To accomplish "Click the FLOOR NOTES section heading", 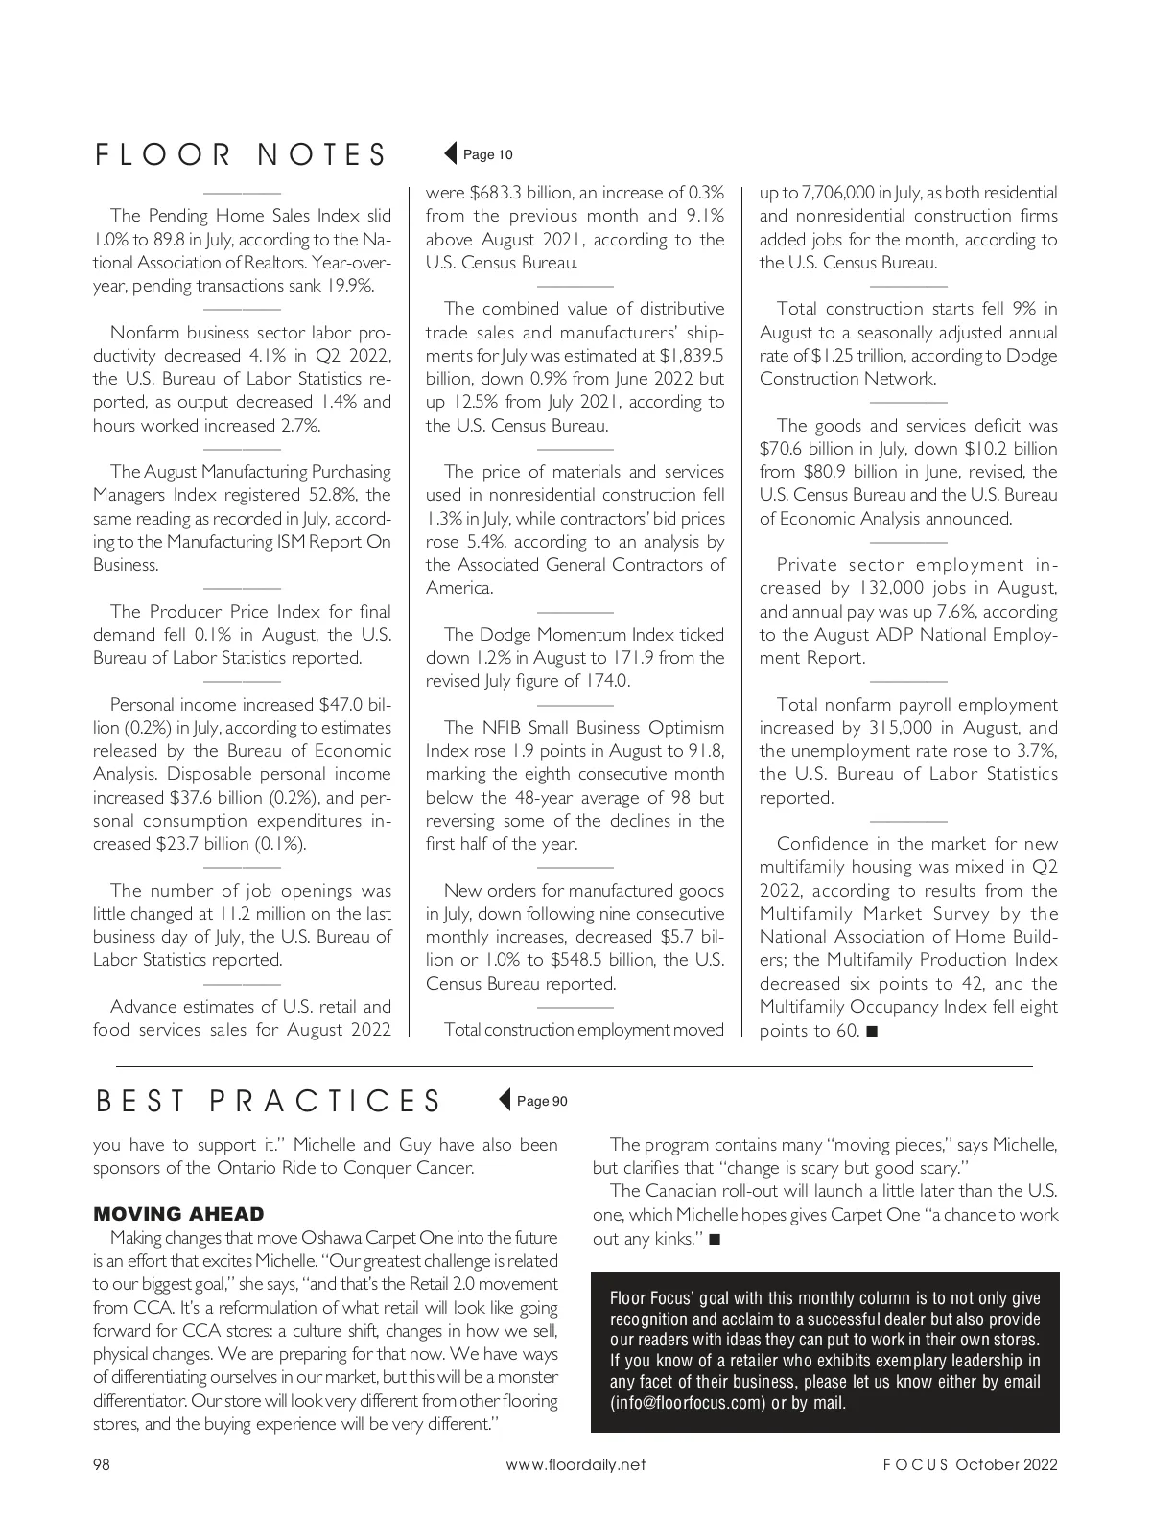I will tap(241, 155).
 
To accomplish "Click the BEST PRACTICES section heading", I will tap(269, 1101).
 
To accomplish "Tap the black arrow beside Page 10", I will tap(450, 153).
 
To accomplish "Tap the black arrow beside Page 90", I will tap(505, 1100).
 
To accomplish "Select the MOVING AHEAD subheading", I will tap(177, 1214).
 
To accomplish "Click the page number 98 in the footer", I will tap(102, 1464).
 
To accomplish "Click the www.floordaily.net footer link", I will tap(575, 1464).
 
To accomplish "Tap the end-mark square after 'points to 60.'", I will tap(871, 1031).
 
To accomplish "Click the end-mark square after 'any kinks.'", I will tap(715, 1239).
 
